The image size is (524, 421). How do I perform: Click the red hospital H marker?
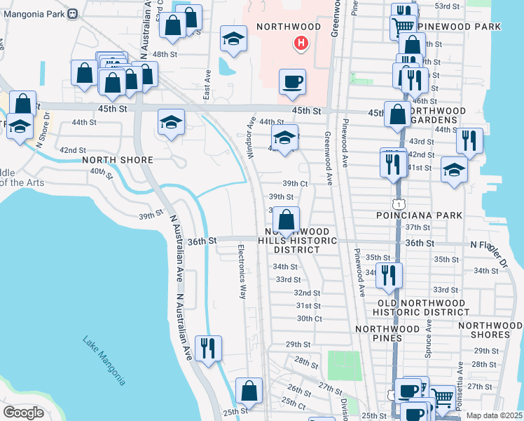pyautogui.click(x=301, y=44)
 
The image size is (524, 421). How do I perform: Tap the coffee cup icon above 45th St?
pyautogui.click(x=292, y=81)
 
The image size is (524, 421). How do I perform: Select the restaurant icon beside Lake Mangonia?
pyautogui.click(x=207, y=348)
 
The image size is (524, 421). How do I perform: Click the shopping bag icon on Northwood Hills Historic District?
pyautogui.click(x=286, y=219)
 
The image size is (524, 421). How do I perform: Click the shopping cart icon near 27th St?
pyautogui.click(x=442, y=397)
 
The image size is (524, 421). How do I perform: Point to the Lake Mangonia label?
pyautogui.click(x=104, y=360)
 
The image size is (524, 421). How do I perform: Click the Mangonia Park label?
pyautogui.click(x=33, y=13)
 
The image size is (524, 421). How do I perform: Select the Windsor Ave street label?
pyautogui.click(x=250, y=137)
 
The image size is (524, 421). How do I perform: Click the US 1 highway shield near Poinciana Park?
pyautogui.click(x=397, y=203)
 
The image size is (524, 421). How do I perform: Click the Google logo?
pyautogui.click(x=23, y=413)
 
